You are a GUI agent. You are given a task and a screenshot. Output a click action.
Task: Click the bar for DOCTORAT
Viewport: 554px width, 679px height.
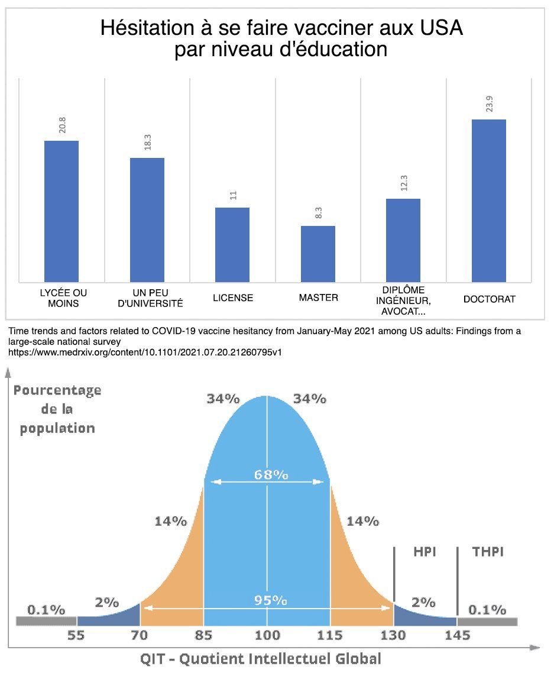(x=488, y=201)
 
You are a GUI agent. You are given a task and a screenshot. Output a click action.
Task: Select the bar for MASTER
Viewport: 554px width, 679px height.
(x=318, y=254)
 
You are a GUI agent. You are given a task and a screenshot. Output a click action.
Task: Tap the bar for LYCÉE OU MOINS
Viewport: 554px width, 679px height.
(x=61, y=211)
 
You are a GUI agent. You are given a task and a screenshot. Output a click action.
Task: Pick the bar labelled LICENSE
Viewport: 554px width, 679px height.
(x=232, y=244)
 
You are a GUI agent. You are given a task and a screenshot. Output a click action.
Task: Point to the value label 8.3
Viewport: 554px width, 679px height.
(x=318, y=213)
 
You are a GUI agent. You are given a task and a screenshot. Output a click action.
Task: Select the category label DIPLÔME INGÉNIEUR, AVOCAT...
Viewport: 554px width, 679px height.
(x=403, y=300)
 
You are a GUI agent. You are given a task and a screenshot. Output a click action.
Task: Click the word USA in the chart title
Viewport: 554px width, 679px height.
(x=438, y=28)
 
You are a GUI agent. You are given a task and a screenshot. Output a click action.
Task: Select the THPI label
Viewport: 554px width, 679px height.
(x=488, y=552)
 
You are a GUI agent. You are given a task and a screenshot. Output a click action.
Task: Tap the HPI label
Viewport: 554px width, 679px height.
(x=424, y=552)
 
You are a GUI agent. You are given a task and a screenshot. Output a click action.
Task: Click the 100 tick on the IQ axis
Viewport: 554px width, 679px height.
(x=267, y=636)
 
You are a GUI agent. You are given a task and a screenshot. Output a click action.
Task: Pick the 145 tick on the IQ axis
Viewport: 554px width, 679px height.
(x=458, y=636)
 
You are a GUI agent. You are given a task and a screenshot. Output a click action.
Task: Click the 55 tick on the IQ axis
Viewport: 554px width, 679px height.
(x=76, y=636)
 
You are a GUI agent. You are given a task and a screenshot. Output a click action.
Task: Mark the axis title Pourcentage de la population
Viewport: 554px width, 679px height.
(x=57, y=409)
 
